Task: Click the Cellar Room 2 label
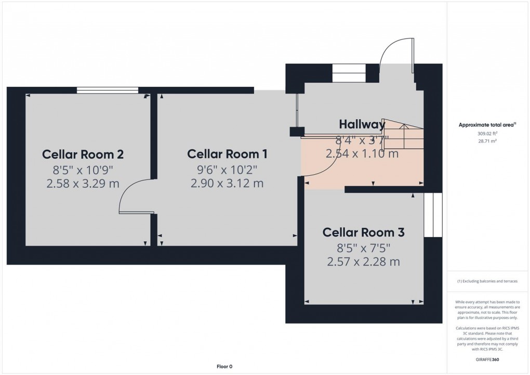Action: (x=83, y=154)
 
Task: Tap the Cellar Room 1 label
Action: (x=227, y=154)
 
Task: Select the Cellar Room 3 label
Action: (x=363, y=232)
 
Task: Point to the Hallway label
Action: (x=362, y=124)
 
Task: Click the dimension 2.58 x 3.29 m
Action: (x=83, y=183)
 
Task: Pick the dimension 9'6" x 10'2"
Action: (x=227, y=169)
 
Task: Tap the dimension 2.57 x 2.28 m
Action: (x=363, y=262)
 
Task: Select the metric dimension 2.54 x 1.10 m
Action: (x=362, y=154)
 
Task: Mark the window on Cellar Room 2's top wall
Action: (x=108, y=90)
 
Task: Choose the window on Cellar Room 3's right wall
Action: (x=432, y=215)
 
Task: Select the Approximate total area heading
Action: (x=487, y=125)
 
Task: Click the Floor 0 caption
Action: (x=224, y=367)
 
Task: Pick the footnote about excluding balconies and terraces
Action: (x=487, y=281)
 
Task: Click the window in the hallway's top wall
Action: (x=349, y=73)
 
